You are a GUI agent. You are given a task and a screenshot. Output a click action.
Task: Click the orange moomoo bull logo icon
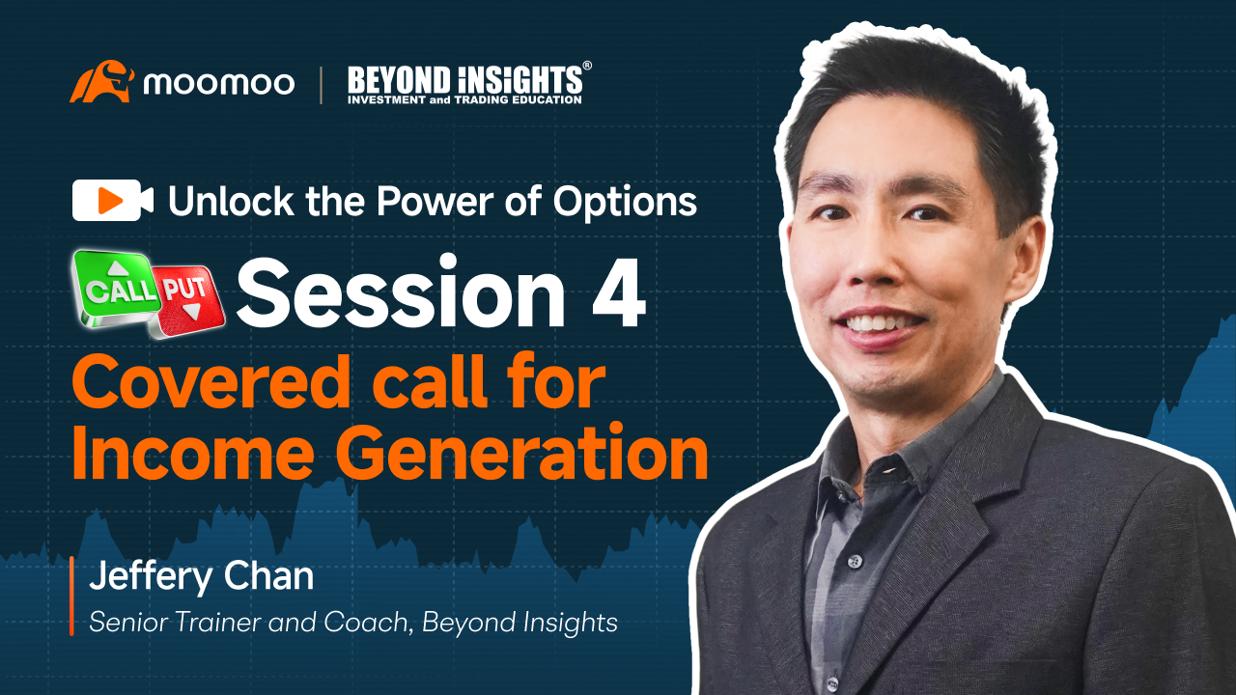(100, 82)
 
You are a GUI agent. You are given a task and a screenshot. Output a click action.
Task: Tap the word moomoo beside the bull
(218, 84)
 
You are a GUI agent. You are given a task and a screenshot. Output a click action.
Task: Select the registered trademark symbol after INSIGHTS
(587, 67)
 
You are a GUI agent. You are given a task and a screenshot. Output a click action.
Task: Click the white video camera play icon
(112, 201)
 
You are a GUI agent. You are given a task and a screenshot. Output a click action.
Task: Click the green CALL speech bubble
(117, 287)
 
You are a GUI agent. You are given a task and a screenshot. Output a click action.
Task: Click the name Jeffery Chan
(201, 576)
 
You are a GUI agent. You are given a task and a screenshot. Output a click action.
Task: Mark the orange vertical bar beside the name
(71, 596)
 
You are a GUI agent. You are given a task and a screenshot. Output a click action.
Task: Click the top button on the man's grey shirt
(855, 561)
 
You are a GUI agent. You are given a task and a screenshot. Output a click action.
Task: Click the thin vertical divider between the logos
(322, 84)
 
